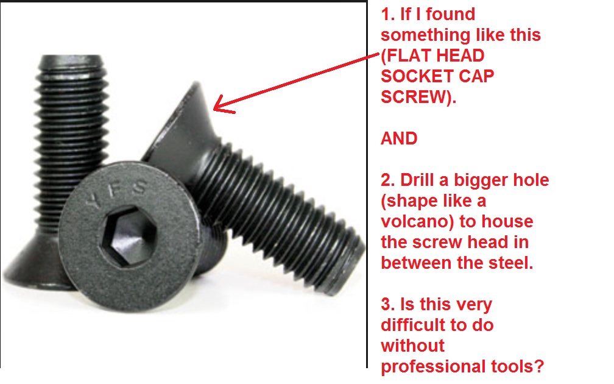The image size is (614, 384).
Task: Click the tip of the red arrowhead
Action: tap(213, 108)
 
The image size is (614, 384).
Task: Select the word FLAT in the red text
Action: tap(409, 55)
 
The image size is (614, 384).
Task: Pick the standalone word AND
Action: tap(399, 138)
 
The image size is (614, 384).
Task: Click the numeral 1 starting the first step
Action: tap(386, 14)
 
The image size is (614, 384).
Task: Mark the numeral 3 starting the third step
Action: tap(386, 305)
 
